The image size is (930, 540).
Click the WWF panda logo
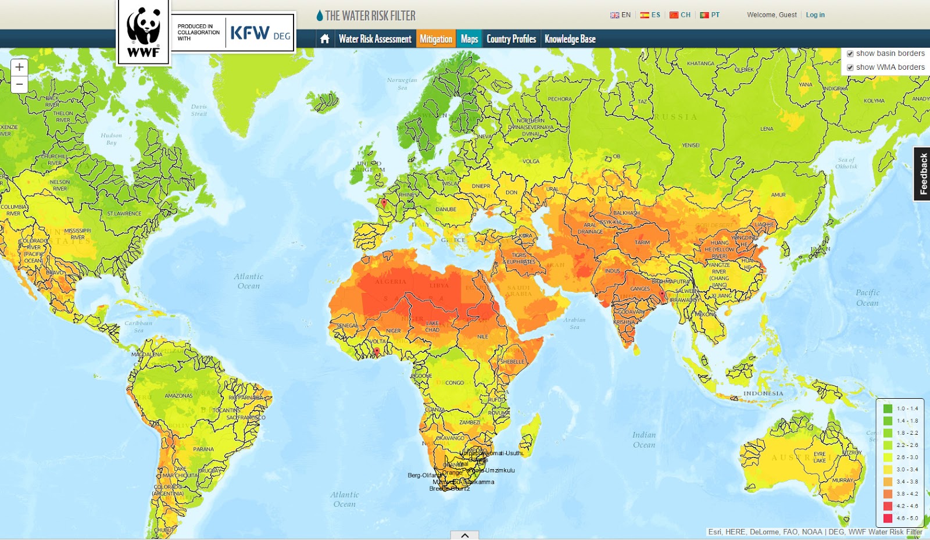144,33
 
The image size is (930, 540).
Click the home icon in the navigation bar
325,39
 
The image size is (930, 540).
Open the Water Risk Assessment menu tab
375,39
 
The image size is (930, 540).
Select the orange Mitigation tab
436,39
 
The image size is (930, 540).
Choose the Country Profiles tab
511,39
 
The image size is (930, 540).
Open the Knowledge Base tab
570,39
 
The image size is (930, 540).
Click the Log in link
815,15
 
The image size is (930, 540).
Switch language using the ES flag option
650,15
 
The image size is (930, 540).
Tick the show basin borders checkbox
850,53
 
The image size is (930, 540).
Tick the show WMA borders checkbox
850,67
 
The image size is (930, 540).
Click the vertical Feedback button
922,174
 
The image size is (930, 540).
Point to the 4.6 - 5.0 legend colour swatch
888,518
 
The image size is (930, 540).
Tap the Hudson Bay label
111,139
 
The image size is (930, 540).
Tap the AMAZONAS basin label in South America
178,396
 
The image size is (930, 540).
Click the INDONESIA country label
763,394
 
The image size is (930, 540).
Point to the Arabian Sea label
574,323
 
